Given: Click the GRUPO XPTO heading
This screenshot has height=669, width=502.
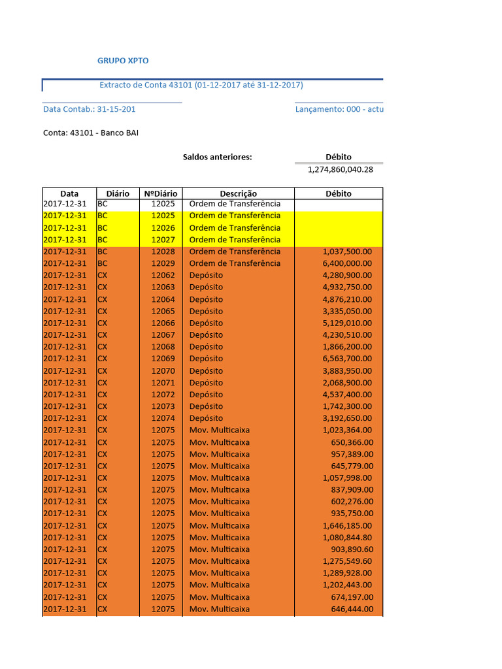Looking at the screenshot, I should pyautogui.click(x=123, y=61).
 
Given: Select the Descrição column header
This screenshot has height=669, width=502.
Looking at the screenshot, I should pyautogui.click(x=238, y=193).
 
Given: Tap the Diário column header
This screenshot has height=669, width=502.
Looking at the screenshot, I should pyautogui.click(x=118, y=193).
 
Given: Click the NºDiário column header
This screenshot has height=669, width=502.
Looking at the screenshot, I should pyautogui.click(x=160, y=193).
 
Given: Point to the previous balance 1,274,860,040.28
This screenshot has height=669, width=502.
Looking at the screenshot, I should pyautogui.click(x=341, y=169).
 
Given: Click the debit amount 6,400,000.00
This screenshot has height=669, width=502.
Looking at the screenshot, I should pyautogui.click(x=347, y=263).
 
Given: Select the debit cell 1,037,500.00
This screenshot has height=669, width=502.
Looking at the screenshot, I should pyautogui.click(x=347, y=252).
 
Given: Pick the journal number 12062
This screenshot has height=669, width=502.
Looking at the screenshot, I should pyautogui.click(x=163, y=275).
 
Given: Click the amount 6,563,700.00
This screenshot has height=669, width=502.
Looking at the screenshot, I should pyautogui.click(x=347, y=359).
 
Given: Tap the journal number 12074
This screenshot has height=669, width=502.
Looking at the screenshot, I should pyautogui.click(x=163, y=418).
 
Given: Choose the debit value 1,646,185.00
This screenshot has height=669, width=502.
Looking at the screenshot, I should pyautogui.click(x=347, y=525).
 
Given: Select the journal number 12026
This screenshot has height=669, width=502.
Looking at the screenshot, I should pyautogui.click(x=163, y=227).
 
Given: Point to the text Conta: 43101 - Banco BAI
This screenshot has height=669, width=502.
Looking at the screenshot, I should pyautogui.click(x=91, y=133).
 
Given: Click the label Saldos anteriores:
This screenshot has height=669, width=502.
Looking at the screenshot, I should pyautogui.click(x=217, y=157).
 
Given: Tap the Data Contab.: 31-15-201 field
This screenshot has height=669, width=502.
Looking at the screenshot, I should pyautogui.click(x=90, y=109).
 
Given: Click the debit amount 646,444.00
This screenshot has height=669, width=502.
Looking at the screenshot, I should pyautogui.click(x=352, y=609).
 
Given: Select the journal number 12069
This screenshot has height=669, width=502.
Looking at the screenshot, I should pyautogui.click(x=163, y=359).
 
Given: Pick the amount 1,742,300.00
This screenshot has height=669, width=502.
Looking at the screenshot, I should pyautogui.click(x=347, y=406).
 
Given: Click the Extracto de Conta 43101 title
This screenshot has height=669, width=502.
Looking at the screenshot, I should pyautogui.click(x=201, y=85).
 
